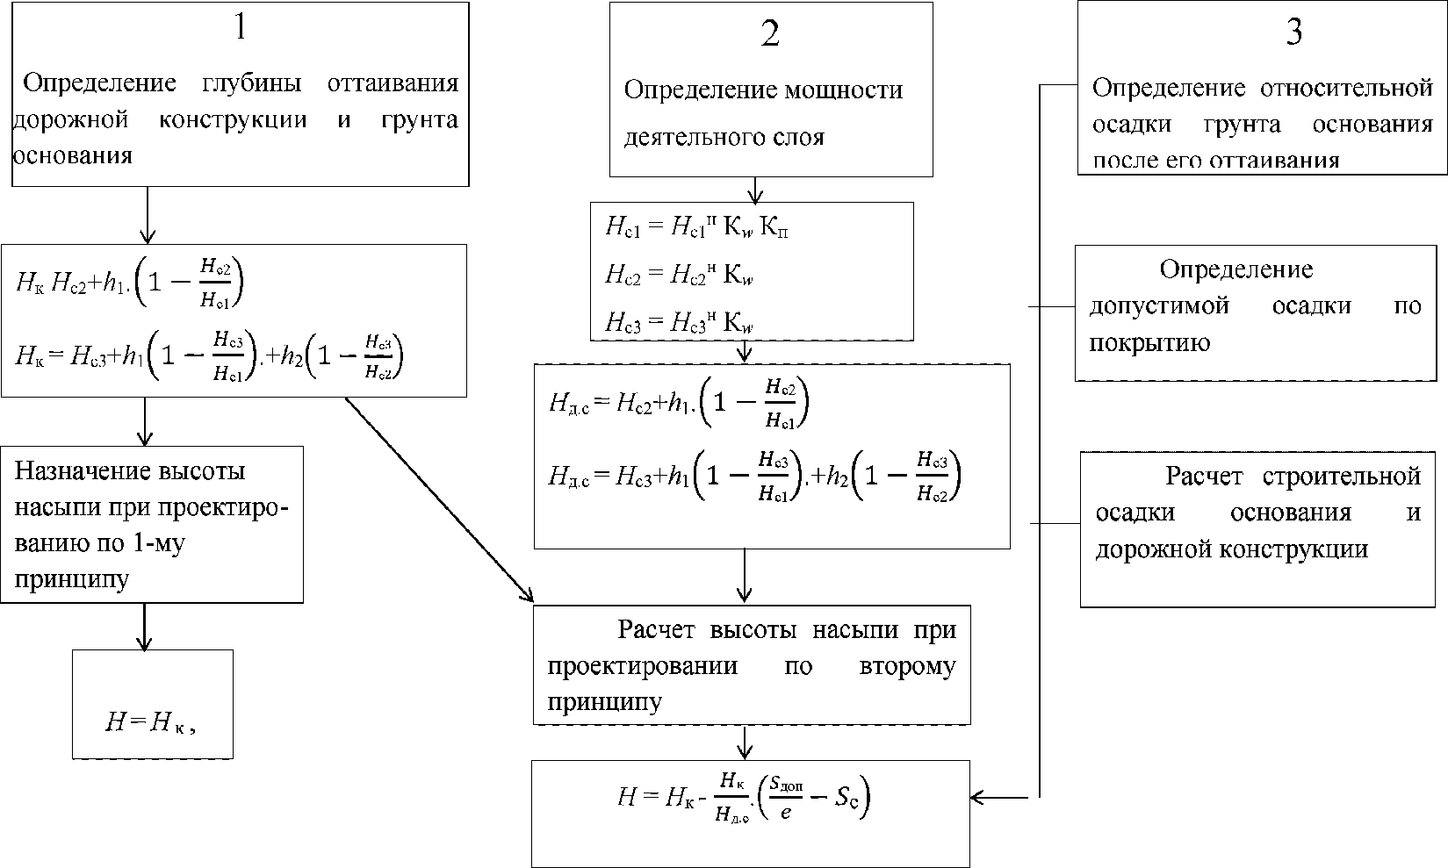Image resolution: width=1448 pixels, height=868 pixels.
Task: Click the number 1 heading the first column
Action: (x=241, y=28)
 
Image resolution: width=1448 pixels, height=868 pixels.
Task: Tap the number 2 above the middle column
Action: (x=770, y=34)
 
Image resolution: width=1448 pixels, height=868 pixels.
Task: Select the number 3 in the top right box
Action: (x=1293, y=32)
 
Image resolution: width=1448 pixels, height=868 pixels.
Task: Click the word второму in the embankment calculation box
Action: (x=905, y=666)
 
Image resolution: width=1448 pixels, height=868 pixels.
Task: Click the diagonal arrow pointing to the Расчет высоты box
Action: (x=439, y=500)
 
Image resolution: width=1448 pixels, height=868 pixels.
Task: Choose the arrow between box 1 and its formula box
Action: (x=148, y=214)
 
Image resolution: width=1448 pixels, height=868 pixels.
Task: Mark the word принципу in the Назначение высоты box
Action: (x=72, y=578)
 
